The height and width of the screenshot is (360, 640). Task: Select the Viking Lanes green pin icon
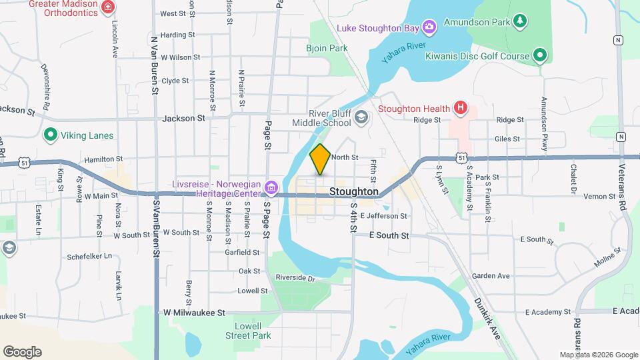point(49,135)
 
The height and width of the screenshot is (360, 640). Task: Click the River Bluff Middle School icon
point(361,118)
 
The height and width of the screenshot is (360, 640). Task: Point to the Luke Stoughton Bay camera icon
point(431,27)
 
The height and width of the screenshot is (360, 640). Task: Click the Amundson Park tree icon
point(520,21)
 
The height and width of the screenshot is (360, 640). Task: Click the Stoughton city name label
point(354,192)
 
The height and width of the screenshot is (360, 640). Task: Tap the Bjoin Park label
point(327,48)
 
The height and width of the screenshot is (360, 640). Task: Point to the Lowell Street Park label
point(253,331)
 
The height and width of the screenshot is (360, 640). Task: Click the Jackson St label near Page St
point(183,118)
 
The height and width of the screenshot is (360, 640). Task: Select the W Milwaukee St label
point(194,312)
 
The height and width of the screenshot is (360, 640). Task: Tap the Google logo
point(22,351)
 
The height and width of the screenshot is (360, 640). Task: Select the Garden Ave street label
point(490,276)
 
